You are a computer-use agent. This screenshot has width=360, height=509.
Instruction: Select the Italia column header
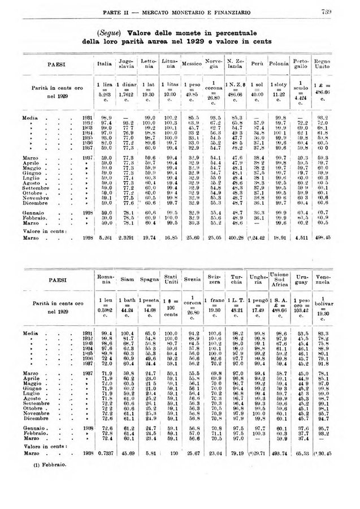(x=105, y=64)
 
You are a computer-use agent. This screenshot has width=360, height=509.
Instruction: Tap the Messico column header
(x=192, y=64)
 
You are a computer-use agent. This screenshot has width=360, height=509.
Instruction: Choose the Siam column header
(x=128, y=279)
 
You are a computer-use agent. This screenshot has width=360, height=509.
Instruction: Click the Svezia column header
(x=194, y=279)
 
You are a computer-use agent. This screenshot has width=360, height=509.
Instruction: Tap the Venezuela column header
(x=324, y=279)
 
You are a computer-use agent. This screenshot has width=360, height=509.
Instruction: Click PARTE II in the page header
(x=121, y=12)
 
